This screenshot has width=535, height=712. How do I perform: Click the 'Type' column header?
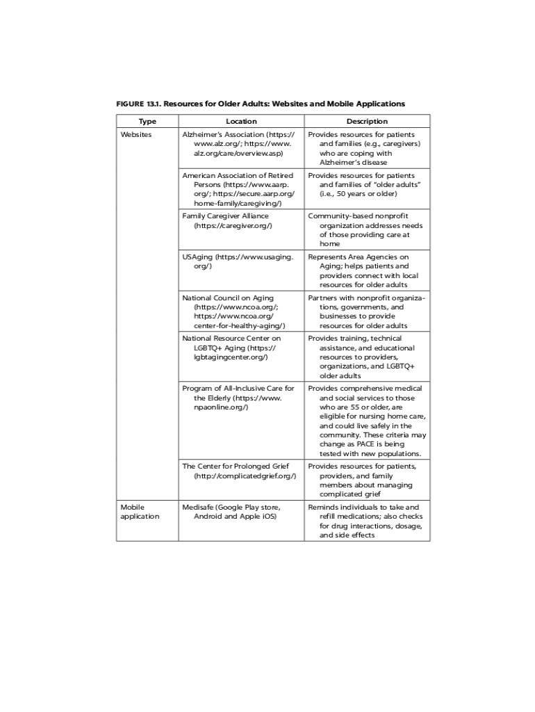[x=147, y=121]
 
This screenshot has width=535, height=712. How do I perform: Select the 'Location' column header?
[x=241, y=121]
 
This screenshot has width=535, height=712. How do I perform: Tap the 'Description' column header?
[x=367, y=121]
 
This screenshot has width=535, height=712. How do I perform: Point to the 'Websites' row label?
[x=136, y=134]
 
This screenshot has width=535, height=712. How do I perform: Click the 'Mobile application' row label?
[x=140, y=512]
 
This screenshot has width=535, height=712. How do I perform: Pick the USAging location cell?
[x=238, y=261]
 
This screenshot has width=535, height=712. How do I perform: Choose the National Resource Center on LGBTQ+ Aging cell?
[x=232, y=348]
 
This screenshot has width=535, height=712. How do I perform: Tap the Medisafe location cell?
[x=232, y=512]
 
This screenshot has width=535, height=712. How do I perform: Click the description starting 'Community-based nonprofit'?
[x=366, y=230]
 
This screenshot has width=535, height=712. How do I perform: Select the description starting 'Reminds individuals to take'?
[x=365, y=521]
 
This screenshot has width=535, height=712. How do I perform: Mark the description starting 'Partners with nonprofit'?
[x=367, y=311]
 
